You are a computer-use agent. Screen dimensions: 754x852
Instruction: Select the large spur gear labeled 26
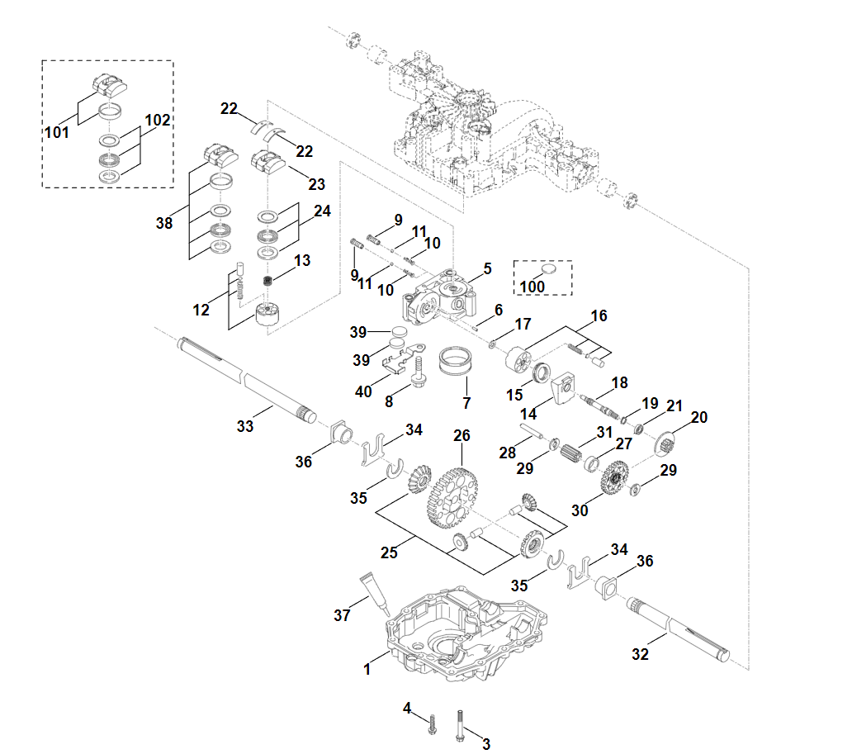point(452,498)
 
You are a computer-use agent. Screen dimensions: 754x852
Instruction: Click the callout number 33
point(245,426)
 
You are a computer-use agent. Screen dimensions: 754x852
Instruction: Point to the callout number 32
point(640,654)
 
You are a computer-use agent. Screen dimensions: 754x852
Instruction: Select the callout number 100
point(532,286)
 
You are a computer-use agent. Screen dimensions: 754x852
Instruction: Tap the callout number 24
point(321,211)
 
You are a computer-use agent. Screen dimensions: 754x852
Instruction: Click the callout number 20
point(698,418)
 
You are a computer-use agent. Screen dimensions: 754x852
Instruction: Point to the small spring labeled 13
point(267,281)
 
